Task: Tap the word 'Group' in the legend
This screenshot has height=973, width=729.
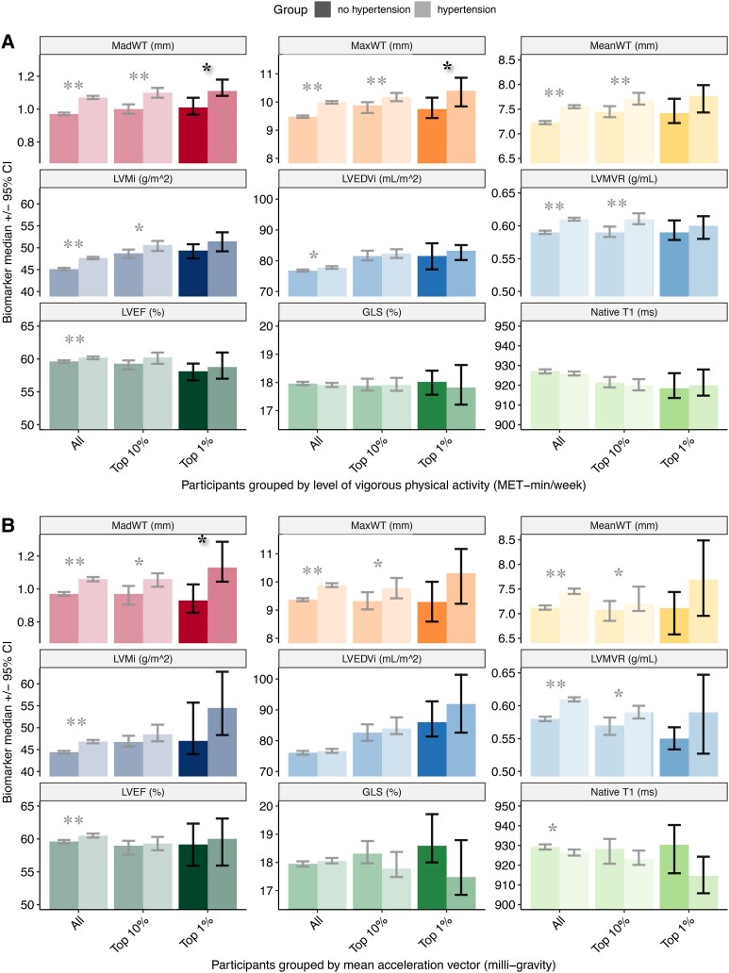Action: (x=260, y=8)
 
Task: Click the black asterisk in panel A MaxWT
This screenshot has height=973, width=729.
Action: (x=448, y=66)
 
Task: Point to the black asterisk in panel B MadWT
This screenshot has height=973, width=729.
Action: (x=202, y=540)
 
